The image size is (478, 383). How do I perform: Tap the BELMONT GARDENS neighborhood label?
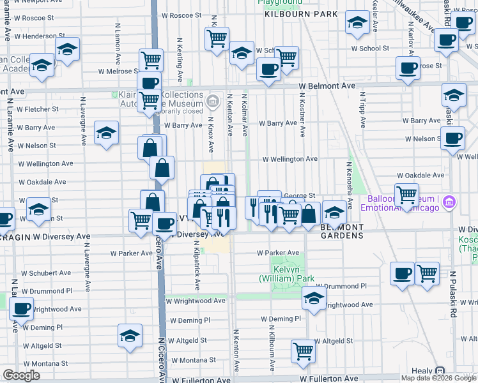[341, 231]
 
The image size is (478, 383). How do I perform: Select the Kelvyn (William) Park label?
[287, 274]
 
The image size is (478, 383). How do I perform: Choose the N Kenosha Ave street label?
[351, 185]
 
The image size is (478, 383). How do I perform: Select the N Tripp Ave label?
[362, 111]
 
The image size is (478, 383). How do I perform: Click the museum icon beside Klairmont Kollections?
[213, 100]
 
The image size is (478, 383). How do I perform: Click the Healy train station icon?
[440, 371]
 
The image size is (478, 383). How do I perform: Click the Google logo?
[21, 375]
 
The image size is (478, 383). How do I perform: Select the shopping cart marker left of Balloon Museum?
[406, 193]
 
